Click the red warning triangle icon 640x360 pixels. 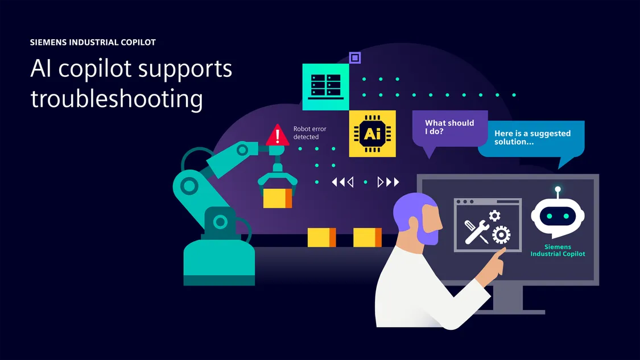pos(278,135)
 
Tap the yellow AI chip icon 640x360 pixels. pos(372,134)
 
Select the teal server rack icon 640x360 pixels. pos(325,86)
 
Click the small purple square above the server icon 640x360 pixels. pos(355,57)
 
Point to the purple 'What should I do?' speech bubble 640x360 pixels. pos(449,127)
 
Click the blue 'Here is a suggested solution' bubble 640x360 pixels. pos(531,138)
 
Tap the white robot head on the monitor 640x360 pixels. pos(558,216)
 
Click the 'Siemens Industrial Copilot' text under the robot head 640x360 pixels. pos(558,251)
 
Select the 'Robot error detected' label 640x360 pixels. pos(309,133)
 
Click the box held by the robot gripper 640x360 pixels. pos(277,198)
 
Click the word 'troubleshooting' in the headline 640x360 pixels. pos(117,98)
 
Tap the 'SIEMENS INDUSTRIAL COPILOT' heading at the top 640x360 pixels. pos(93,43)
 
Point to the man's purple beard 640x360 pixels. pos(427,233)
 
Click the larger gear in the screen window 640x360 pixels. pos(501,234)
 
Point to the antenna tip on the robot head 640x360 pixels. pos(558,189)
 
